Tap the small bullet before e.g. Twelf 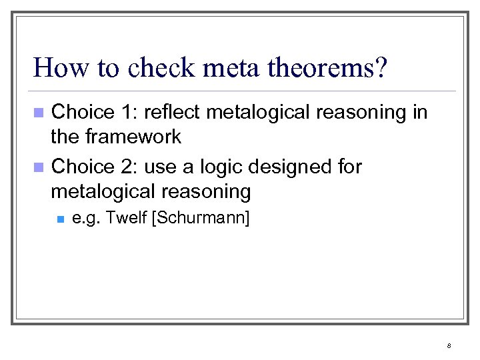click(x=59, y=219)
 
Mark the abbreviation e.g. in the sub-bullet click(x=85, y=219)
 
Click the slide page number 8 click(x=449, y=345)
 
